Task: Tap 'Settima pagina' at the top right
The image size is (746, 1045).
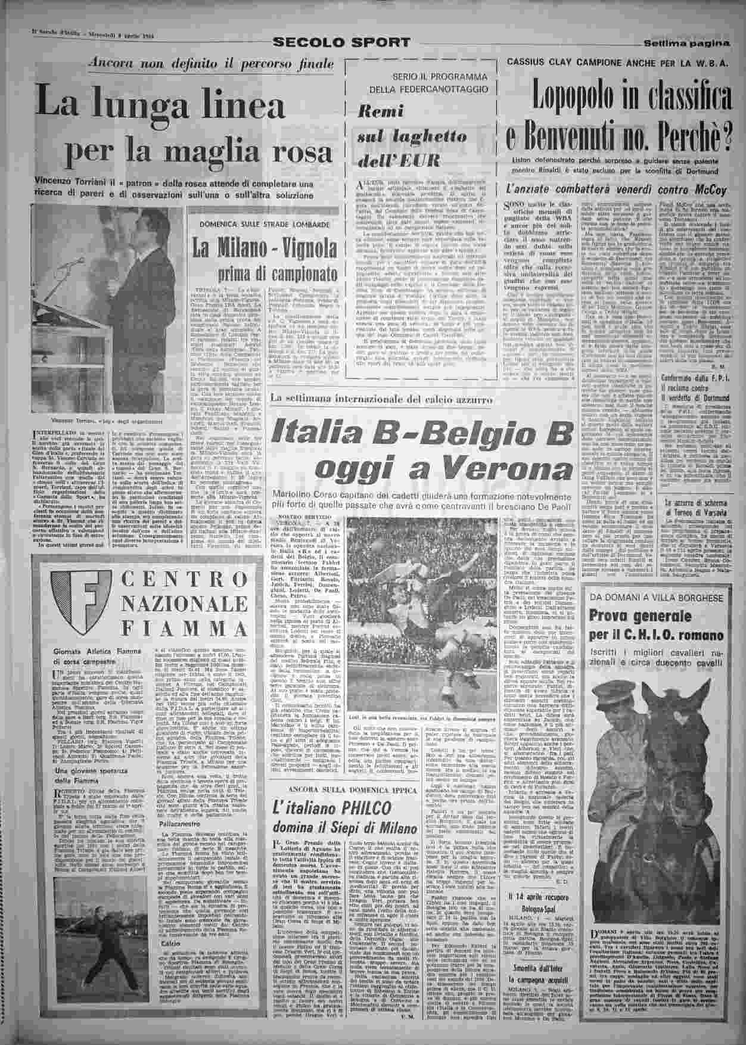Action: click(x=686, y=43)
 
